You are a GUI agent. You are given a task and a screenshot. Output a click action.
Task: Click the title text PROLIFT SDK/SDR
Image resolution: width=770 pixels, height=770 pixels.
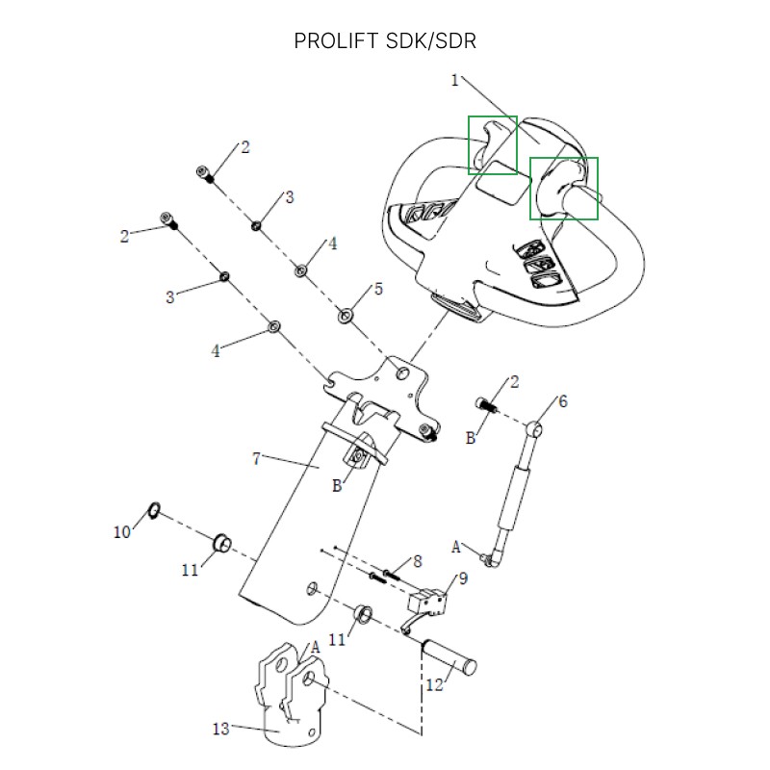click(x=385, y=41)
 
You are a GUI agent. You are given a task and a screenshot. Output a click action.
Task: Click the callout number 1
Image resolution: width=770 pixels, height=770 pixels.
click(x=455, y=80)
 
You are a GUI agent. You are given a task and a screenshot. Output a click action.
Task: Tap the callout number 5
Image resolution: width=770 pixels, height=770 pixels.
click(x=378, y=289)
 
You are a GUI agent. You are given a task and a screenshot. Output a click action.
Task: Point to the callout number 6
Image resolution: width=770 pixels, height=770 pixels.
click(x=563, y=401)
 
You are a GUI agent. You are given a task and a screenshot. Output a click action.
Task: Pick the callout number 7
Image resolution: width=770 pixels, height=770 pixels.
click(x=257, y=459)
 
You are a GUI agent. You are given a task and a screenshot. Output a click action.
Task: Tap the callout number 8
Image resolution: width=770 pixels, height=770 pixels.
click(x=417, y=561)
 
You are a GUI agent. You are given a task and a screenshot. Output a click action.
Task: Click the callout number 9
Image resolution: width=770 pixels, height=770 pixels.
click(x=462, y=578)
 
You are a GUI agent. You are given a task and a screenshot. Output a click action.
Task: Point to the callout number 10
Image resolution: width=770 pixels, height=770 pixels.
click(x=121, y=531)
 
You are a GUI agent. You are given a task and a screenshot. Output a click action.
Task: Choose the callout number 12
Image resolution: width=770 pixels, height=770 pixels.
click(x=434, y=684)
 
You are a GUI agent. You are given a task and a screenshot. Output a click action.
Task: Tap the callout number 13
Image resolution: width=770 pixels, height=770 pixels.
click(x=221, y=729)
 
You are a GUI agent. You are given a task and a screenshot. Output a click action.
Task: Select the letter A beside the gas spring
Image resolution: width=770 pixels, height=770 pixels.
click(x=457, y=547)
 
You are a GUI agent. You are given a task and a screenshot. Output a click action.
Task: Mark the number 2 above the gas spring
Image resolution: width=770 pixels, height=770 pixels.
click(x=514, y=382)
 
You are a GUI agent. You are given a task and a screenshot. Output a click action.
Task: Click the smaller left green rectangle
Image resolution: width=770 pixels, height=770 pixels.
click(x=493, y=145)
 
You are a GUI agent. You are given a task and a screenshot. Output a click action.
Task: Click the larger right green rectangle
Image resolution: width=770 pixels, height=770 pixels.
click(x=564, y=189)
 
